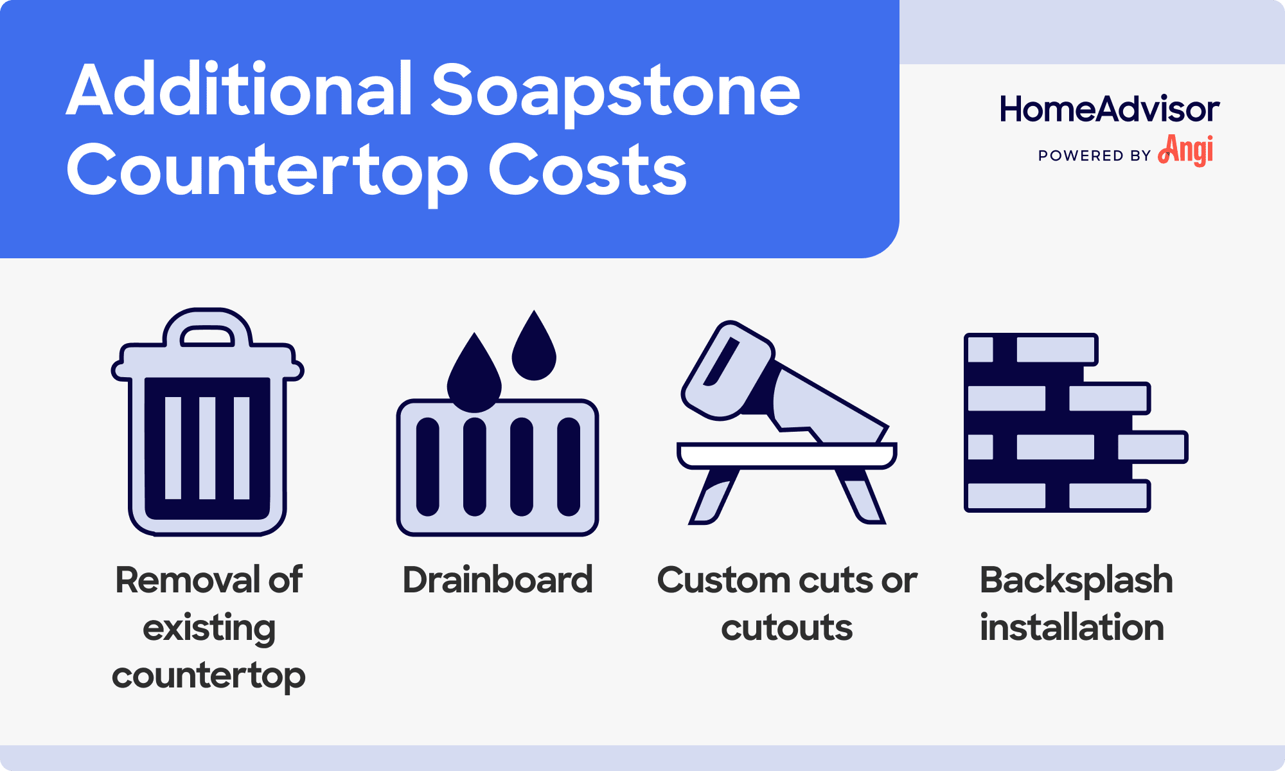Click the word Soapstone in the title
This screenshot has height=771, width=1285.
616,91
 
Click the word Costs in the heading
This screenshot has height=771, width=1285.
587,170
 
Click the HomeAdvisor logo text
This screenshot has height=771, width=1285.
1109,109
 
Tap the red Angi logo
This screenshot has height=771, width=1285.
1186,151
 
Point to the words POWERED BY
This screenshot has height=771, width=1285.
1094,156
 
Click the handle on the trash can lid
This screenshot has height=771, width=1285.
207,335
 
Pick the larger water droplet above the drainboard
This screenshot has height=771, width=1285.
474,376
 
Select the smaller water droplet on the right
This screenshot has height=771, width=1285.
533,350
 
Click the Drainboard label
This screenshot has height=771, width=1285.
497,580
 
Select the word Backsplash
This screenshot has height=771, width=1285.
1076,580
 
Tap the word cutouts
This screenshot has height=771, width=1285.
786,628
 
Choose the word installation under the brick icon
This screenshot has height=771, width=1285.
1072,628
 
